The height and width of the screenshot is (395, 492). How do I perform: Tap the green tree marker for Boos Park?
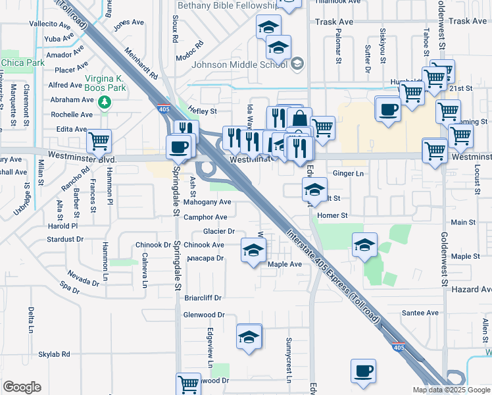coord(104,102)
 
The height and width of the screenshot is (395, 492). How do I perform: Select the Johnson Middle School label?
coord(239,65)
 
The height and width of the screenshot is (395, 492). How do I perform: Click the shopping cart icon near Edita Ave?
coord(99,140)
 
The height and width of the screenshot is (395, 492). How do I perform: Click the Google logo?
coord(22,387)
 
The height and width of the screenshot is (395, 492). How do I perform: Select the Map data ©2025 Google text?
coord(450,390)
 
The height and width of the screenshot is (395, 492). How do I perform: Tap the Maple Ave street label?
coord(284,264)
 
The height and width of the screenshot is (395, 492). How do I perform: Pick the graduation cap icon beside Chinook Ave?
coord(253,250)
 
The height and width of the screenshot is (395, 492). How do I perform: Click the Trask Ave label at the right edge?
coord(468,22)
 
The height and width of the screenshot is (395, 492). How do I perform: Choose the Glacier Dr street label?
coord(219,231)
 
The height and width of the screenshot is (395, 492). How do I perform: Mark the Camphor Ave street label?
coord(205,217)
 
